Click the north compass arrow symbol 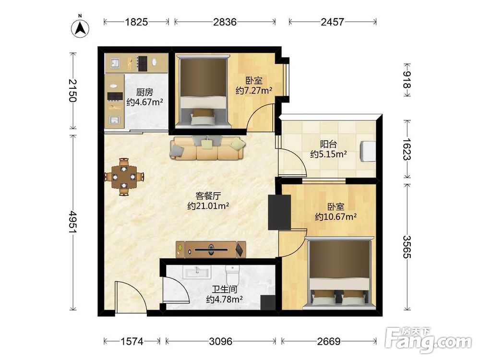tap(80, 28)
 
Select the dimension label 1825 tap(136, 22)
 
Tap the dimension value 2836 tap(225, 22)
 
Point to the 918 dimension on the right tap(407, 80)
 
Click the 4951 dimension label tap(73, 222)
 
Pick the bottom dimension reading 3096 tap(221, 341)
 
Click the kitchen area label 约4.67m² tap(144, 102)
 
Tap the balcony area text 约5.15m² tap(328, 154)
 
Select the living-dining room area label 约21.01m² tap(208, 206)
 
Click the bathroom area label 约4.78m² tap(224, 299)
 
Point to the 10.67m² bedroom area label tap(336, 217)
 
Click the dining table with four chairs tap(124, 177)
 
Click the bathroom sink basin tap(197, 272)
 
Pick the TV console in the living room tap(211, 250)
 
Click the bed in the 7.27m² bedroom tap(203, 91)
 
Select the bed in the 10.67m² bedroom tap(340, 273)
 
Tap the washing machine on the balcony tap(368, 151)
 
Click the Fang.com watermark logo tap(429, 340)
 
